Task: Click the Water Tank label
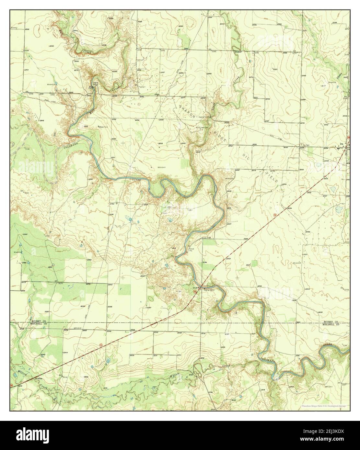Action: [103, 127]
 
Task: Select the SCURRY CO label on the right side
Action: [331, 321]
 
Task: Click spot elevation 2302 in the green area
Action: [25, 234]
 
